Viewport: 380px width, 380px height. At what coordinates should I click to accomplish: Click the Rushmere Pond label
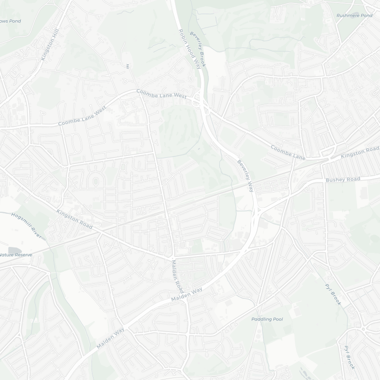pos(354,15)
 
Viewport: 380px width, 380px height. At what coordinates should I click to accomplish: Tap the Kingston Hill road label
pos(50,45)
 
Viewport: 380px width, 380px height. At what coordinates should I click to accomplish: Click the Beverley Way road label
pos(245,176)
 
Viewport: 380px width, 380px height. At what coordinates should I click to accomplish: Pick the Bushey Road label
pos(343,179)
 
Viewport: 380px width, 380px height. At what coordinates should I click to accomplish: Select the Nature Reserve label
pos(16,255)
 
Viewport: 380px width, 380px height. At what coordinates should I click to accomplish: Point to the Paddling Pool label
pos(267,319)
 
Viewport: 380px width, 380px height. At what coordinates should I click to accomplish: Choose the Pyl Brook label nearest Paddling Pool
pos(333,294)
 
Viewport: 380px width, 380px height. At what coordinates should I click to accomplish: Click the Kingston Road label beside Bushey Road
pos(360,153)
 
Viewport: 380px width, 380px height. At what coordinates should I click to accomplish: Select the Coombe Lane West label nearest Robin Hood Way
pos(161,94)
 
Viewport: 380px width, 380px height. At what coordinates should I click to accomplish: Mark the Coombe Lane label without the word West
pos(288,152)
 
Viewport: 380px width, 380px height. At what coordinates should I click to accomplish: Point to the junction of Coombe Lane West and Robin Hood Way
pos(200,100)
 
